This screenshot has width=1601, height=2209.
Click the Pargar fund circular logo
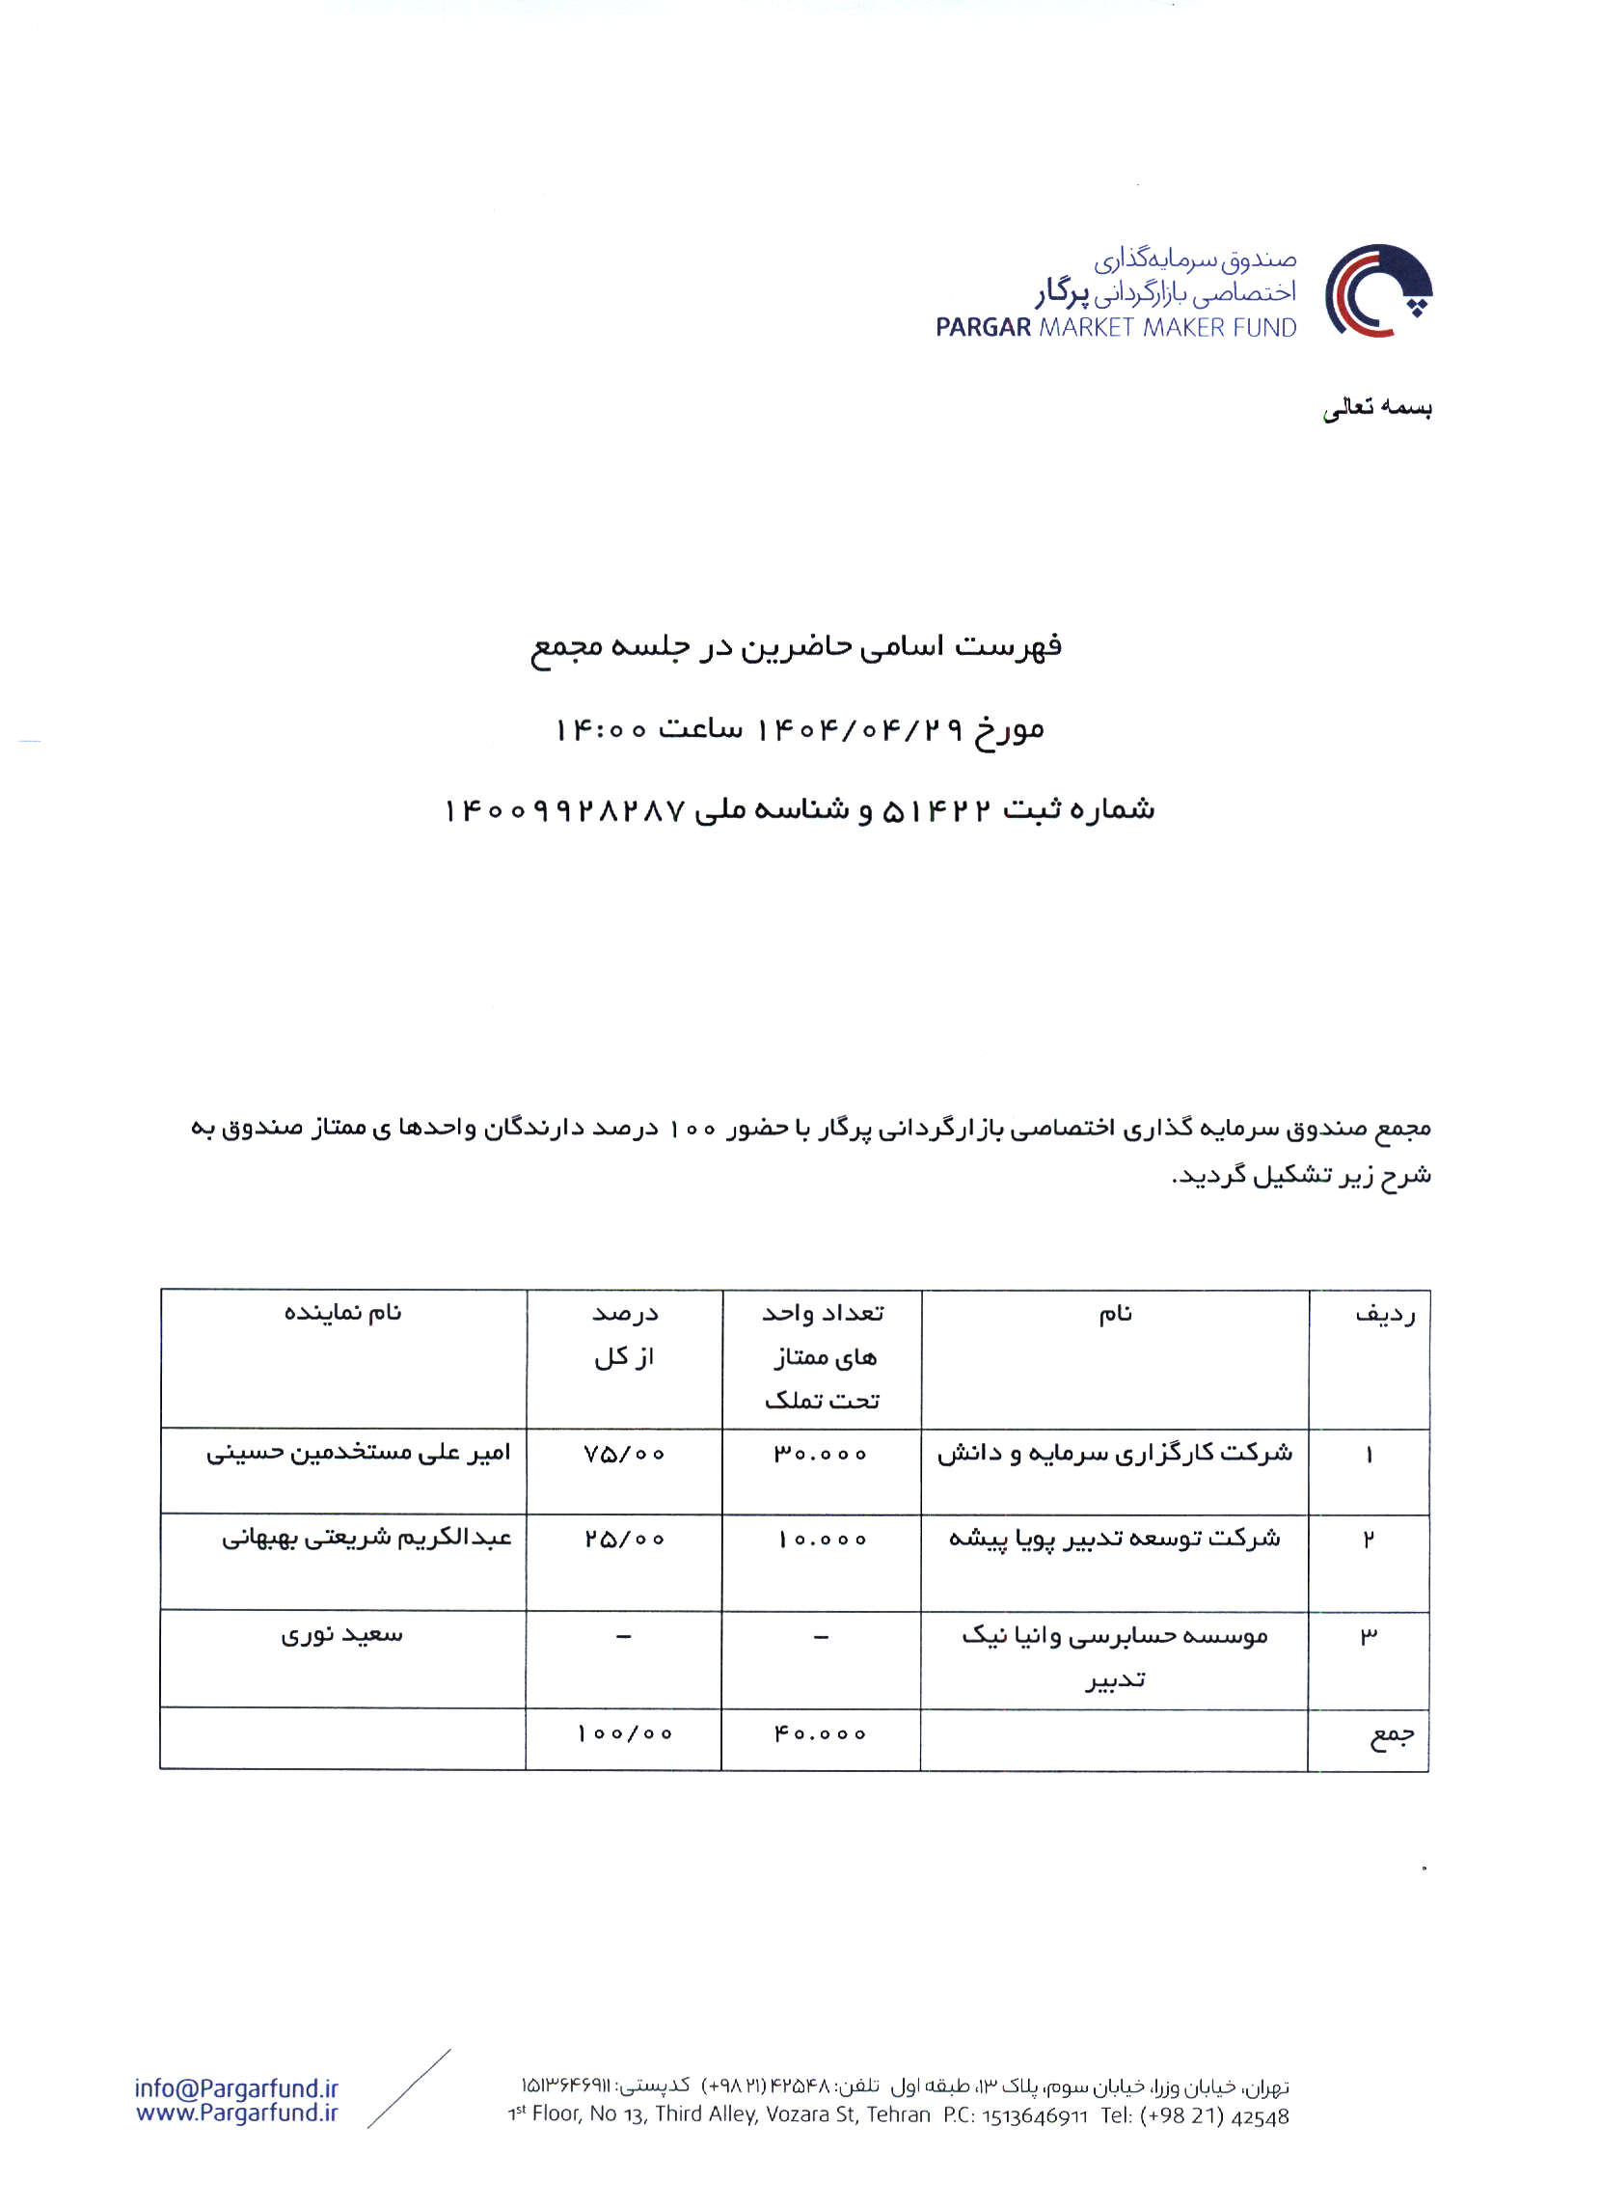point(1377,290)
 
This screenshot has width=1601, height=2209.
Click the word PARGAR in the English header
point(983,327)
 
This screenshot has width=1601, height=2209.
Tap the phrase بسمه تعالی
point(1376,408)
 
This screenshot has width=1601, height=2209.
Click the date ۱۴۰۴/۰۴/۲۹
point(860,727)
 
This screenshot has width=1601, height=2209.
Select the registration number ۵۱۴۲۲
point(936,809)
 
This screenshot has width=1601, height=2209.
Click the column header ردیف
point(1384,1315)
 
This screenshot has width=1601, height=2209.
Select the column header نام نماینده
point(341,1313)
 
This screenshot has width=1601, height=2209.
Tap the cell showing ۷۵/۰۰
point(624,1454)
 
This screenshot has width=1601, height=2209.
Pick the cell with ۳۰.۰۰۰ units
point(820,1454)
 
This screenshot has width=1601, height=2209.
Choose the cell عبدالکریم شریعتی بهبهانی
point(366,1538)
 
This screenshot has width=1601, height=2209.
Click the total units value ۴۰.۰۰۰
point(820,1734)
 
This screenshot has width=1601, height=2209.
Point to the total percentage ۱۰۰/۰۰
point(624,1734)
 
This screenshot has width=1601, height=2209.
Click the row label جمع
point(1392,1736)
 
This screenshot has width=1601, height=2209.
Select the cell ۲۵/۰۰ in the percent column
point(624,1539)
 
